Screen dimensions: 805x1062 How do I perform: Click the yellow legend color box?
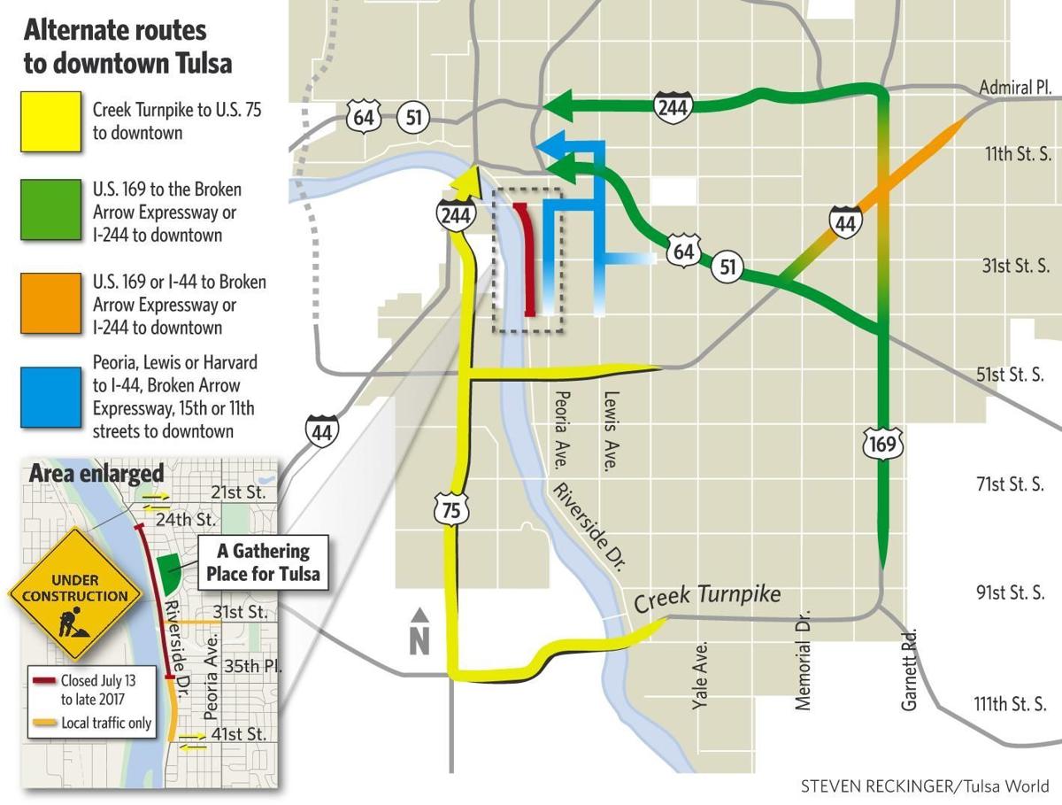(52, 120)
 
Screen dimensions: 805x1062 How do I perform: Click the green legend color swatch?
(52, 212)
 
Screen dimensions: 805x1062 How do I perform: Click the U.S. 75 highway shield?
(452, 508)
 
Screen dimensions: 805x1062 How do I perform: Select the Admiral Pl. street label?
(1014, 88)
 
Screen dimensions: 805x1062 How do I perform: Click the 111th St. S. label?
(1010, 704)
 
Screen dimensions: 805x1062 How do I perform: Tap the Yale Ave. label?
(699, 676)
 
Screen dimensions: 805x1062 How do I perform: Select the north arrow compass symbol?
(420, 631)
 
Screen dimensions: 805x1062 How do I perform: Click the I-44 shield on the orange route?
(845, 221)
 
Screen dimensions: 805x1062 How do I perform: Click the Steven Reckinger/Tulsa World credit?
(925, 786)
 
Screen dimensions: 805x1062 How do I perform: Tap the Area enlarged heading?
(96, 473)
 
